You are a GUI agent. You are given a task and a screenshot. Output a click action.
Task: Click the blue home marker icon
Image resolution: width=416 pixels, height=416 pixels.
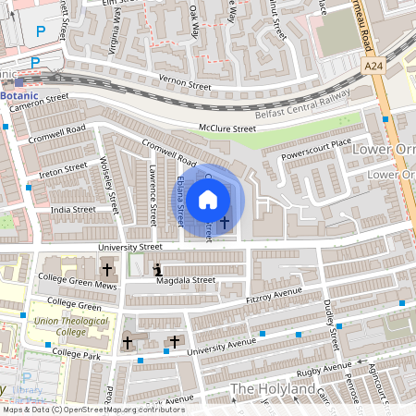[x=208, y=199]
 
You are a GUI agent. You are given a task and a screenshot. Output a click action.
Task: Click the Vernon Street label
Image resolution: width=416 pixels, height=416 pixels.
[x=185, y=83]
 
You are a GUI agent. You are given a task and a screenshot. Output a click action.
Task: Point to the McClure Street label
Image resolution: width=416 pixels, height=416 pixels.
[x=226, y=128]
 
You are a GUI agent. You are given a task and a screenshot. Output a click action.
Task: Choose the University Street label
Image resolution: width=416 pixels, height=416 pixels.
[x=130, y=247]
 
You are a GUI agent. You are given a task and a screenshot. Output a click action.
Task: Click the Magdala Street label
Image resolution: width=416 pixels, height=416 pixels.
[x=187, y=280]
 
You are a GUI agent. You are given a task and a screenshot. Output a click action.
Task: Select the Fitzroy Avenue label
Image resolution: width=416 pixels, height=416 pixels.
[x=275, y=295]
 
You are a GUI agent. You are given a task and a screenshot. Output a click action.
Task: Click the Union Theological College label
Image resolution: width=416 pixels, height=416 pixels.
[x=70, y=327]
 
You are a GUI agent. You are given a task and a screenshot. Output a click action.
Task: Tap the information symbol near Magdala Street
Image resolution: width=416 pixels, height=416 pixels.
[x=157, y=270]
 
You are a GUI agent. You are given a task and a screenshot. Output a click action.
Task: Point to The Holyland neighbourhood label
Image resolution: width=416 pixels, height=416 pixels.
[x=273, y=389]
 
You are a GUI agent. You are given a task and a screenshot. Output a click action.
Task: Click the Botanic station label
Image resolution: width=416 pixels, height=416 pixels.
[x=19, y=95]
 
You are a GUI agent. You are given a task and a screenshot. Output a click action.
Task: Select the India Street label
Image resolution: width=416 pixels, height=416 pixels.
[x=73, y=210]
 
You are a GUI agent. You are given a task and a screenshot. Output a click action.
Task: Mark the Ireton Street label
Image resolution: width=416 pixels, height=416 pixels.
[x=63, y=171]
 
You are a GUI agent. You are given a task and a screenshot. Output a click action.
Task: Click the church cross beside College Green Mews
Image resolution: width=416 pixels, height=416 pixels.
[x=107, y=270]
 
